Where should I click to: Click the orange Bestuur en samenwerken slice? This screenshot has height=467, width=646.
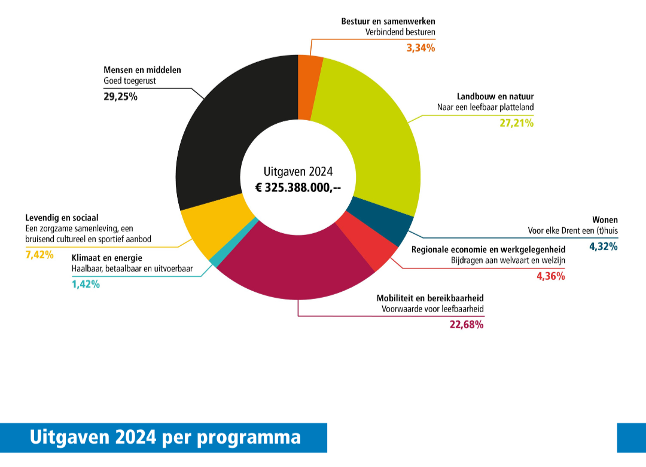pos(309,87)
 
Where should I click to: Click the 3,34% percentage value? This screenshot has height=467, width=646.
pos(420,48)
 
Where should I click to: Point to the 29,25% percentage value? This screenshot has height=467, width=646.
pos(120,96)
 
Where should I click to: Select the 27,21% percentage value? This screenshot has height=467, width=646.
pos(517,123)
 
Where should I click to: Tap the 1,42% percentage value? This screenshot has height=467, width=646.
pos(86,284)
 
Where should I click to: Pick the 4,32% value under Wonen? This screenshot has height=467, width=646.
pos(603,246)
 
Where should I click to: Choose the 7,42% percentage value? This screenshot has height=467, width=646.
pos(39,255)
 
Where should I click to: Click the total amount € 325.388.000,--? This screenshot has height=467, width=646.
pos(298,187)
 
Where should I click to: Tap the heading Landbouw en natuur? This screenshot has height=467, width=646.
pos(495,96)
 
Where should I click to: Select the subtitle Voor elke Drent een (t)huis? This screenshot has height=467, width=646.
pos(572,230)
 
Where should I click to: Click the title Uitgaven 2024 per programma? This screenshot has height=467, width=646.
pos(165,437)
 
